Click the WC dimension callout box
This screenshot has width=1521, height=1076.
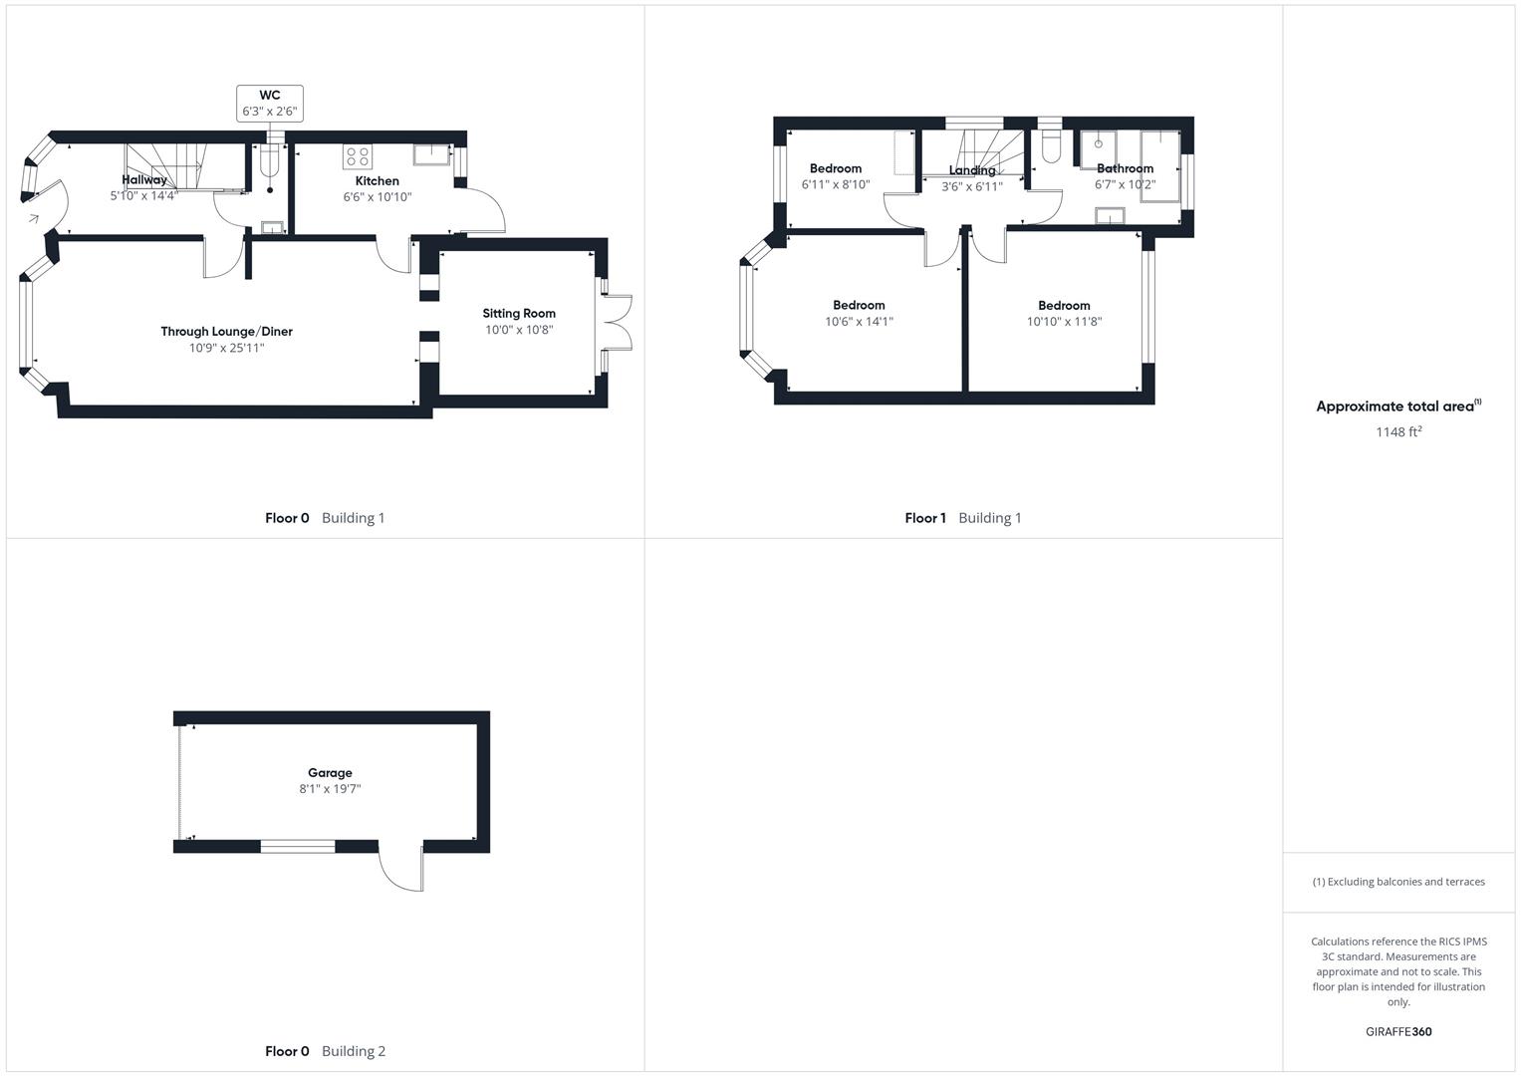pyautogui.click(x=269, y=104)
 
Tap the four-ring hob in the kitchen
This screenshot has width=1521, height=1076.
pyautogui.click(x=357, y=156)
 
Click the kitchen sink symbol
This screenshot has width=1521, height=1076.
pyautogui.click(x=432, y=154)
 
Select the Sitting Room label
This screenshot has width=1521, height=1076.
pyautogui.click(x=519, y=313)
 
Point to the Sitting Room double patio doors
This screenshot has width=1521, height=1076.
pyautogui.click(x=618, y=322)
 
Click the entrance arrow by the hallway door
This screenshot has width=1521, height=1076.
pyautogui.click(x=33, y=218)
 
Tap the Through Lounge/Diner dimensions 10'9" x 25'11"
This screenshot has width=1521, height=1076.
pyautogui.click(x=227, y=348)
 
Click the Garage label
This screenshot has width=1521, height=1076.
pyautogui.click(x=330, y=772)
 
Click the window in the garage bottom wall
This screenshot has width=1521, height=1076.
pyautogui.click(x=298, y=847)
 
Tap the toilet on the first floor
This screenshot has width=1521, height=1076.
pyautogui.click(x=1050, y=147)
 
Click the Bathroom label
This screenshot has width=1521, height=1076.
pyautogui.click(x=1125, y=168)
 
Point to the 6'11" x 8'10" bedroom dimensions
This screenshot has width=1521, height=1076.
pyautogui.click(x=836, y=184)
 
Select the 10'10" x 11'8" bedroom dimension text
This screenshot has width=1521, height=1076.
pyautogui.click(x=1064, y=322)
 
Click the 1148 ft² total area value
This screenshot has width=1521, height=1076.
pyautogui.click(x=1398, y=431)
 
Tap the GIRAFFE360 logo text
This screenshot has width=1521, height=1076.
pyautogui.click(x=1398, y=1031)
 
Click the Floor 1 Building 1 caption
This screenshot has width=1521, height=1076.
pyautogui.click(x=962, y=518)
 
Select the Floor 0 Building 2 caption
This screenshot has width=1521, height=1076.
pyautogui.click(x=325, y=1051)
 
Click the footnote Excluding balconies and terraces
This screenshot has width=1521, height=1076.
pyautogui.click(x=1398, y=882)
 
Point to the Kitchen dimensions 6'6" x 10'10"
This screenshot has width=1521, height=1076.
pyautogui.click(x=378, y=197)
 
